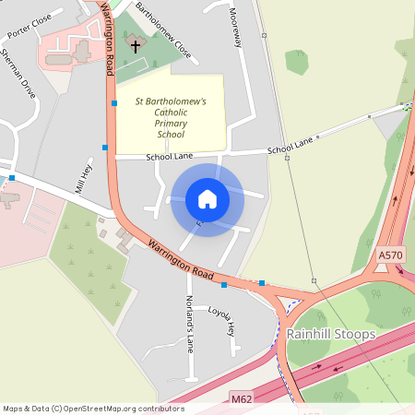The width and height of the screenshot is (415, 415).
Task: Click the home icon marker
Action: click(x=207, y=199)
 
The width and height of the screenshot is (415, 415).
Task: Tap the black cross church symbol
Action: click(x=135, y=45)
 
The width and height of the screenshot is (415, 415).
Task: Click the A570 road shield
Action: click(x=390, y=253)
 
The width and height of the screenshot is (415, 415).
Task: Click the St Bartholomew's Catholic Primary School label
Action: click(x=171, y=117)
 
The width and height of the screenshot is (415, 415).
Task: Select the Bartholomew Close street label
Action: click(x=163, y=30)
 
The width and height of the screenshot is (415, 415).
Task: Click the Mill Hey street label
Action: click(x=84, y=176)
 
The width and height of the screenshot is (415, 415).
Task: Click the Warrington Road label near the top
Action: click(x=108, y=37)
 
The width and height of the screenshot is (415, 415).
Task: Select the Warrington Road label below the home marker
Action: click(x=181, y=263)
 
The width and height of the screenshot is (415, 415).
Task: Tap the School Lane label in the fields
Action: click(x=290, y=146)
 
